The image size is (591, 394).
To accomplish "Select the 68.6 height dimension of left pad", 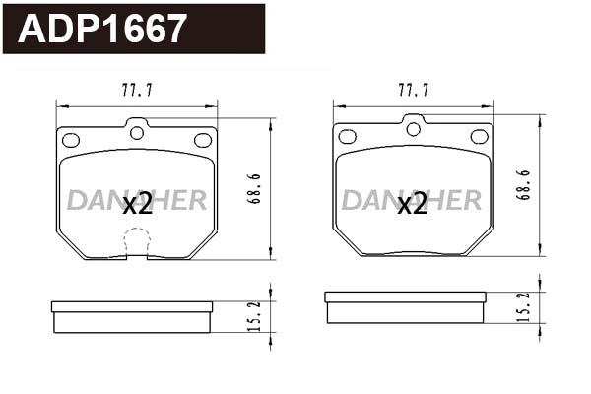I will pos(253,188).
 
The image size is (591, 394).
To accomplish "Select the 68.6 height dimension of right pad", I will pos(525,185).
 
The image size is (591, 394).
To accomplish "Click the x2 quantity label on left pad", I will pos(137,204).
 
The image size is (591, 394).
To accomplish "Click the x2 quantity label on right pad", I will pos(412,204).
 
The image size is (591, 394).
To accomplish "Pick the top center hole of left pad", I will pos(137,132).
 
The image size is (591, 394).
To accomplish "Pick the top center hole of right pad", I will pos(413,128).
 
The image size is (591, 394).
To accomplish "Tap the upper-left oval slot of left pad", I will pos(71,140).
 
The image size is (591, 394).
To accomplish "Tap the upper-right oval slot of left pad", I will pos(203,140).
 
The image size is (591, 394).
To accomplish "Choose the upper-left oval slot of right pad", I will pos(347,136).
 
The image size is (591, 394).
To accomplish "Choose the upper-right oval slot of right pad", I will pos(479,136).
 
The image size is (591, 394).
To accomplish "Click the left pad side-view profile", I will pos(132,317).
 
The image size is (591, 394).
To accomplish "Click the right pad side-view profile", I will pos(405,307).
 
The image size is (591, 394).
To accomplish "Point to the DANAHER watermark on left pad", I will pos(137,201).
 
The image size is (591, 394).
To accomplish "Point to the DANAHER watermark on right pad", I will pos(412,201).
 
